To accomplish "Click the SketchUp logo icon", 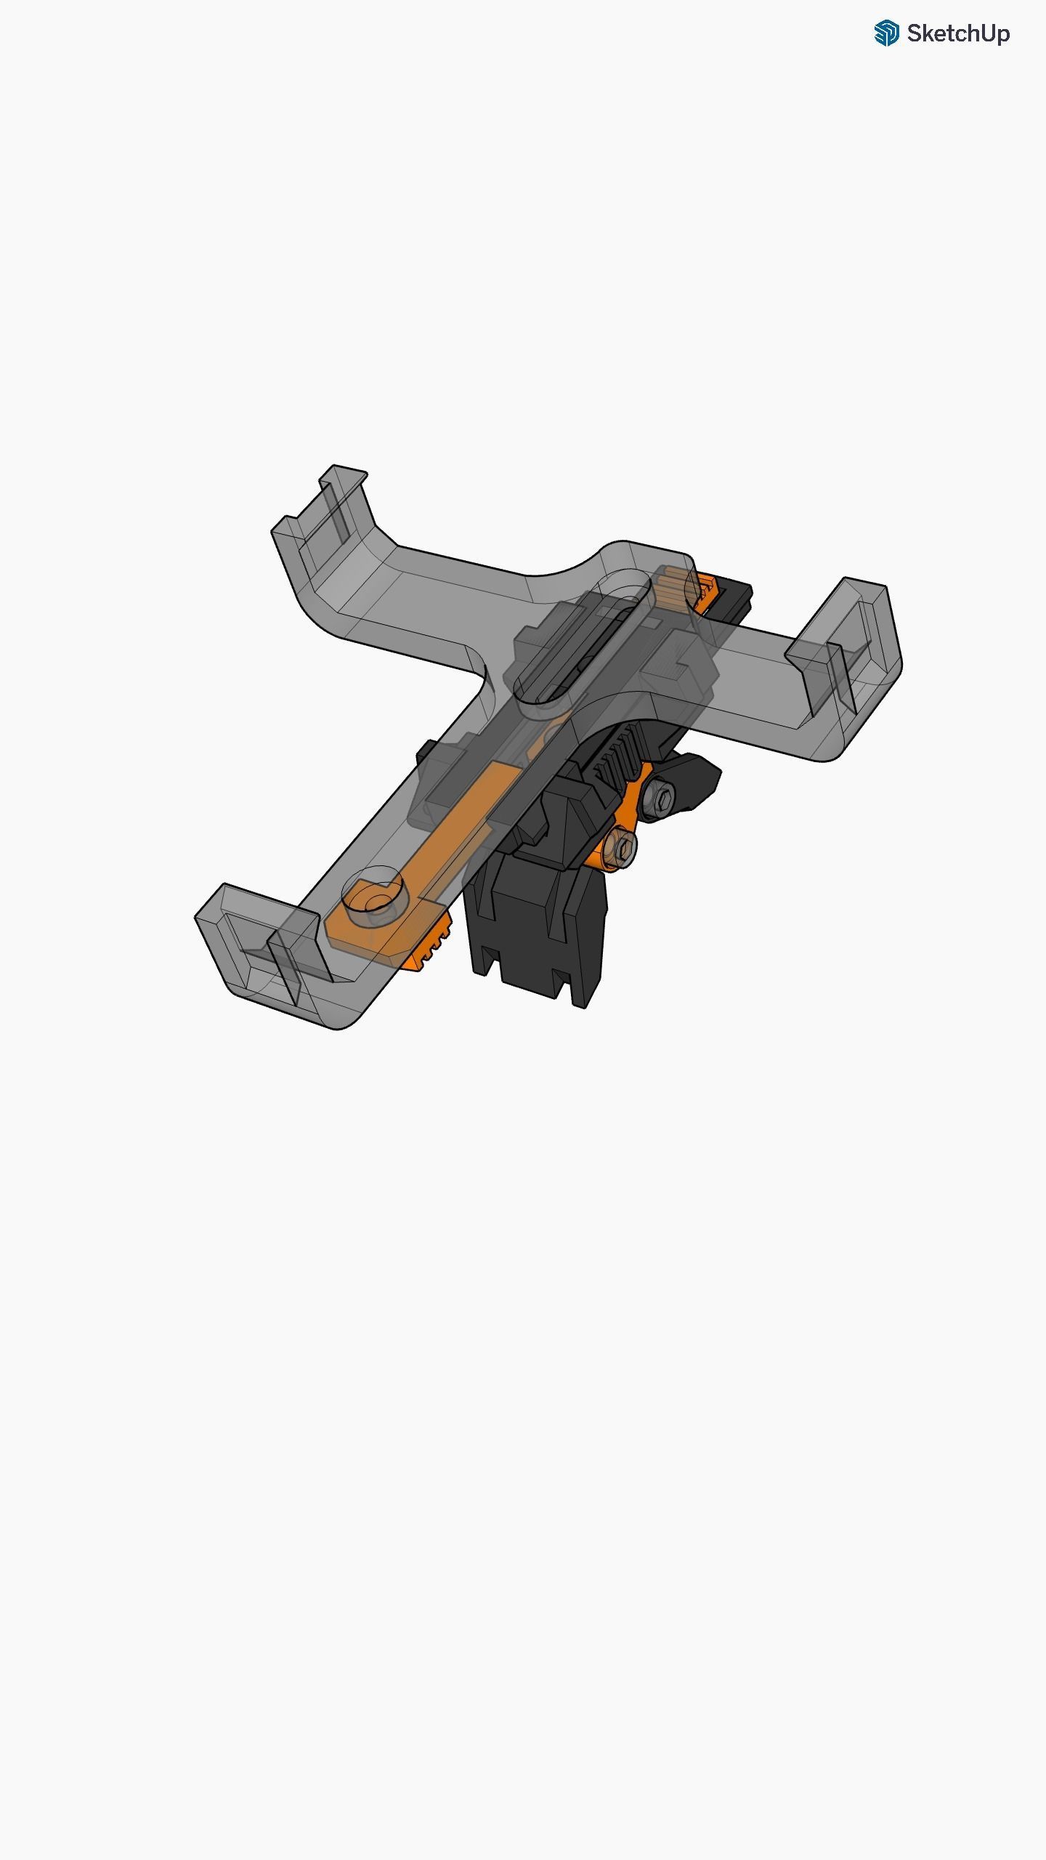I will pyautogui.click(x=886, y=33).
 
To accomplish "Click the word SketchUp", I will pyautogui.click(x=958, y=33).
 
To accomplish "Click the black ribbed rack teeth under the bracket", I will pyautogui.click(x=617, y=756).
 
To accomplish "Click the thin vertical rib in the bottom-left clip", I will pyautogui.click(x=285, y=966).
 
